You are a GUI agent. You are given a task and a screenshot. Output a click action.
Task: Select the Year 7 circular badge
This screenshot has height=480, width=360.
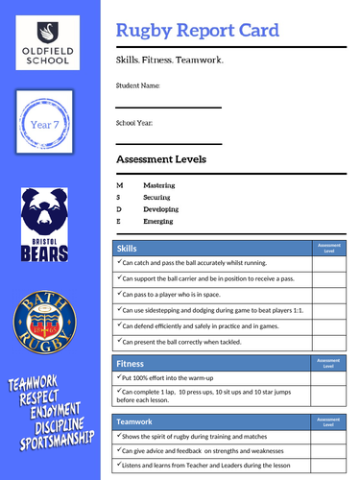pos(48,123)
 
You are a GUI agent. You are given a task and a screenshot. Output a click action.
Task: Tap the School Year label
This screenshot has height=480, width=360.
pos(134,123)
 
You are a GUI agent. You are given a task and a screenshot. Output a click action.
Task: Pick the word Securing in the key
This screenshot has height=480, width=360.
pos(158,195)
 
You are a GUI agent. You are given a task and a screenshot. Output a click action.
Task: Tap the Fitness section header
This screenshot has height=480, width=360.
pos(131,364)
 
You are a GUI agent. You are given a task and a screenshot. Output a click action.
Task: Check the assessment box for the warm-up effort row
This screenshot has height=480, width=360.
pos(327,380)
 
